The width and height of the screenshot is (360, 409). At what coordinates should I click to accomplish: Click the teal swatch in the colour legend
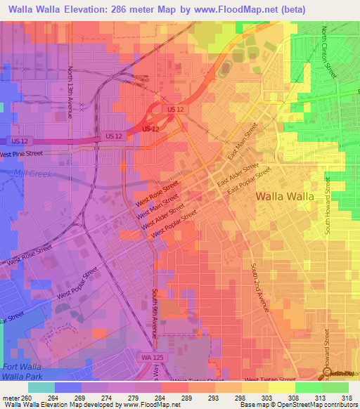point(41,387)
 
